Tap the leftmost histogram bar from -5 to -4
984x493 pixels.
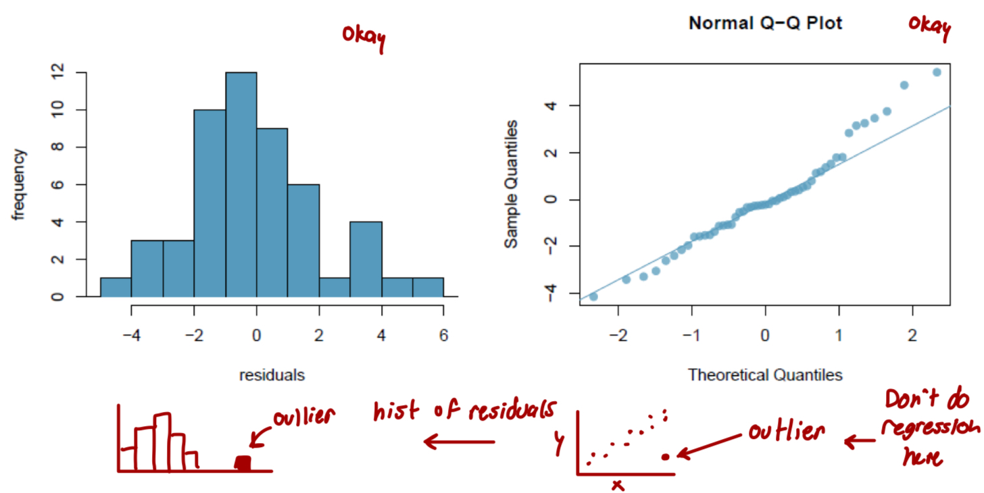[116, 287]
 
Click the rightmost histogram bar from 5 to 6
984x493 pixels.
[428, 287]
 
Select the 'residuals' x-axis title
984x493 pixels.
[271, 375]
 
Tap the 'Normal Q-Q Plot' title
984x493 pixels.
[765, 24]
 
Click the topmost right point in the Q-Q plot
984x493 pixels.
[937, 72]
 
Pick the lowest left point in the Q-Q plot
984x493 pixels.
[593, 296]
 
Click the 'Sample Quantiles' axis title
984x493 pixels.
[513, 184]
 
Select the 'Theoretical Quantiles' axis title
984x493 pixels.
[765, 375]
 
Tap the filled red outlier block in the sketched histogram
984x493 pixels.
[243, 463]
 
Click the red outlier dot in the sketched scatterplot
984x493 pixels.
[666, 457]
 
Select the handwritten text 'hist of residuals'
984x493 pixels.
[465, 411]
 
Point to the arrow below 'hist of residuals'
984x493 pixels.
[459, 443]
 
